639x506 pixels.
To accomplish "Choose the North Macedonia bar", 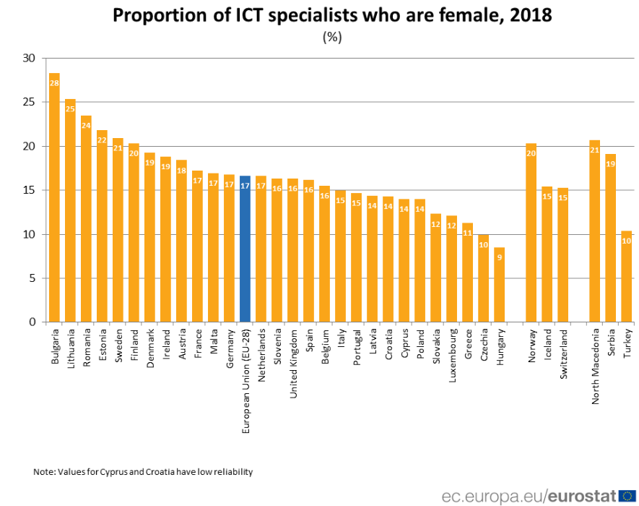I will pos(594,231).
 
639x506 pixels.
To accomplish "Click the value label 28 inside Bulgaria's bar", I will pos(54,83).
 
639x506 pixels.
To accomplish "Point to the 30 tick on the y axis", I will pos(29,58).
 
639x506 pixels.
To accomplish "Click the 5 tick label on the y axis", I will pos(32,278).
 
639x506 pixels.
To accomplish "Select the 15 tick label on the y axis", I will pos(29,190).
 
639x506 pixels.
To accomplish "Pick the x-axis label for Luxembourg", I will pos(452,353).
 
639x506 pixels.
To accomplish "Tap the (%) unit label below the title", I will pos(331,38).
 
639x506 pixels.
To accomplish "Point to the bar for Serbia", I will pos(610,238).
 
